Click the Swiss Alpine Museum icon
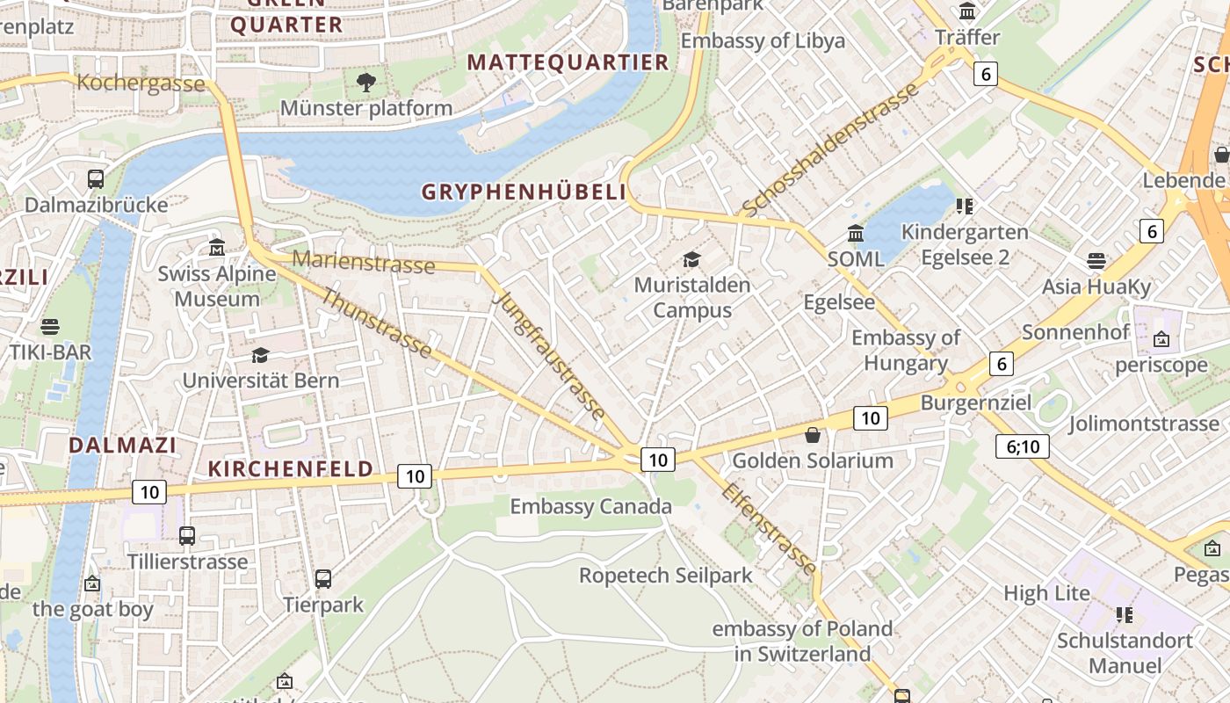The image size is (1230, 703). pyautogui.click(x=217, y=247)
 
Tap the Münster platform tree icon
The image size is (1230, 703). pyautogui.click(x=366, y=83)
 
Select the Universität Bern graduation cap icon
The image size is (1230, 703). pyautogui.click(x=260, y=355)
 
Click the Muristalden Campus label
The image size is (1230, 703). pyautogui.click(x=692, y=297)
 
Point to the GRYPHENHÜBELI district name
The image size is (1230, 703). pyautogui.click(x=524, y=192)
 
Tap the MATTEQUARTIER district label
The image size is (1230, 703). pyautogui.click(x=568, y=62)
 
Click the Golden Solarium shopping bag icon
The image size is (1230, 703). pyautogui.click(x=813, y=435)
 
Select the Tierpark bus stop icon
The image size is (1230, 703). pyautogui.click(x=323, y=579)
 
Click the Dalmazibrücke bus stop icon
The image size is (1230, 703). pyautogui.click(x=96, y=179)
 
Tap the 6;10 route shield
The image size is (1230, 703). pyautogui.click(x=1023, y=446)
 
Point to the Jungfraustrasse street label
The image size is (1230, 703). pyautogui.click(x=550, y=354)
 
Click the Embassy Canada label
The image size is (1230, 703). pyautogui.click(x=590, y=506)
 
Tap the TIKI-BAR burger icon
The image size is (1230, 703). pyautogui.click(x=50, y=327)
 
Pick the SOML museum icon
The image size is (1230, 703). pyautogui.click(x=856, y=233)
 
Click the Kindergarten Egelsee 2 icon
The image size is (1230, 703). pyautogui.click(x=965, y=207)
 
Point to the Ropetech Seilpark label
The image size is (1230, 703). pyautogui.click(x=665, y=576)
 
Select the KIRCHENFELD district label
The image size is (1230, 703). pyautogui.click(x=291, y=468)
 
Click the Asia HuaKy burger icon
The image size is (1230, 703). pyautogui.click(x=1096, y=261)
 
